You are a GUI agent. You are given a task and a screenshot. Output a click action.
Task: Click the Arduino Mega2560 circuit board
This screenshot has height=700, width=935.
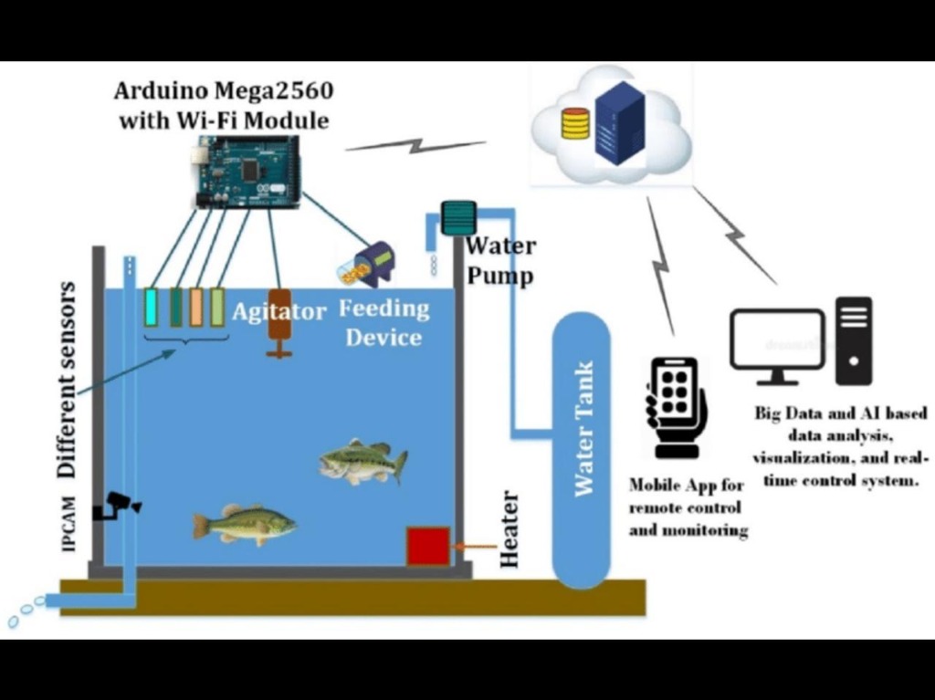(247, 171)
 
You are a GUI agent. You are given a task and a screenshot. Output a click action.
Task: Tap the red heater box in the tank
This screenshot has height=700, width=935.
(427, 546)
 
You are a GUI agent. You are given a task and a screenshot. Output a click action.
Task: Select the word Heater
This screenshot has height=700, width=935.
(510, 530)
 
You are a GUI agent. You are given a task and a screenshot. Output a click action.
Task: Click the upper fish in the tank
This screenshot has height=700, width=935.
(362, 460)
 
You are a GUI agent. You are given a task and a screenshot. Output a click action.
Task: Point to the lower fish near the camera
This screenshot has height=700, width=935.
(244, 524)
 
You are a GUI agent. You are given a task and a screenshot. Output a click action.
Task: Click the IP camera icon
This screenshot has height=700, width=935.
(120, 504)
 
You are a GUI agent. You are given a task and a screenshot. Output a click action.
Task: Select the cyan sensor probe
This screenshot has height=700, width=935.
(152, 307)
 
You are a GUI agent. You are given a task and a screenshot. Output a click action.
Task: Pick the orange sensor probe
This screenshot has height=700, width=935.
(196, 307)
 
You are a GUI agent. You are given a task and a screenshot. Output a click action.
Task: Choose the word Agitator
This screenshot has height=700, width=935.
(278, 312)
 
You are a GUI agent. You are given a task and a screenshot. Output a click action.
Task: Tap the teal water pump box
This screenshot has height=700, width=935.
(457, 218)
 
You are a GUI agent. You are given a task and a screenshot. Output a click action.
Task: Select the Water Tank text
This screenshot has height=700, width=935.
(582, 429)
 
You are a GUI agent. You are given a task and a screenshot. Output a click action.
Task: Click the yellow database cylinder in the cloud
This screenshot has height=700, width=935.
(575, 123)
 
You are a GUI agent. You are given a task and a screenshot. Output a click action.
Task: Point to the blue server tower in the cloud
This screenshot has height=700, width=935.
(620, 122)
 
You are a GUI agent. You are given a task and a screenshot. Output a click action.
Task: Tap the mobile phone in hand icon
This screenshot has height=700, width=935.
(677, 405)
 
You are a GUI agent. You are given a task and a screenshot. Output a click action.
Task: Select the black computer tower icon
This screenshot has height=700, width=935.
(854, 340)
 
